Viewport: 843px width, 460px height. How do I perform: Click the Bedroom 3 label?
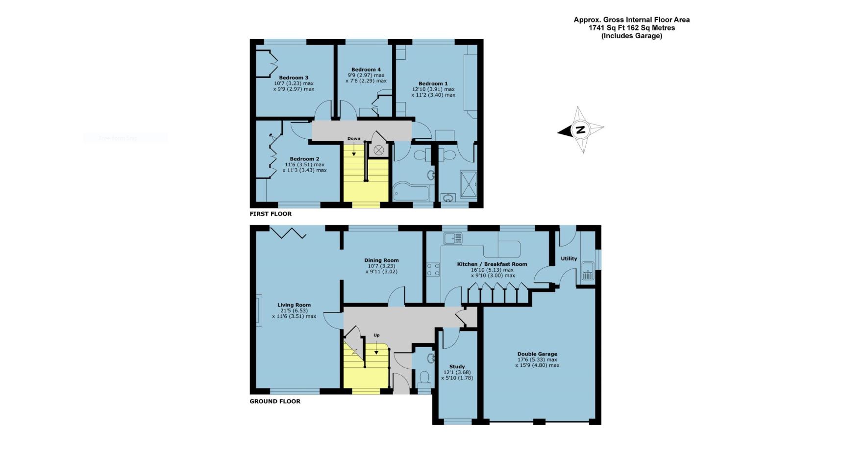294,77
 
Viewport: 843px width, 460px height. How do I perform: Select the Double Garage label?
537,354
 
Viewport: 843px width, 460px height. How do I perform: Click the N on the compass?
580,130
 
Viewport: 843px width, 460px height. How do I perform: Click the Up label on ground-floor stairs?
376,335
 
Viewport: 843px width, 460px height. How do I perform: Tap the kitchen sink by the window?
452,239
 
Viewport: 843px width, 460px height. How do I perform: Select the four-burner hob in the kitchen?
433,270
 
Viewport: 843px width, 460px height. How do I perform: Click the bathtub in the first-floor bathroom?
411,193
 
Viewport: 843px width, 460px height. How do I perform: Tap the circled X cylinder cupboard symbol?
379,150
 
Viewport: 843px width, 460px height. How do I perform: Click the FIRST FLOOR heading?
271,214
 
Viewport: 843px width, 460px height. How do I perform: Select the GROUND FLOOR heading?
275,401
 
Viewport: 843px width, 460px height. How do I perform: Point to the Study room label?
457,367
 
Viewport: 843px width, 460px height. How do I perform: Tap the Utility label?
569,258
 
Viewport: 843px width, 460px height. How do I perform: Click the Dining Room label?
381,260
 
